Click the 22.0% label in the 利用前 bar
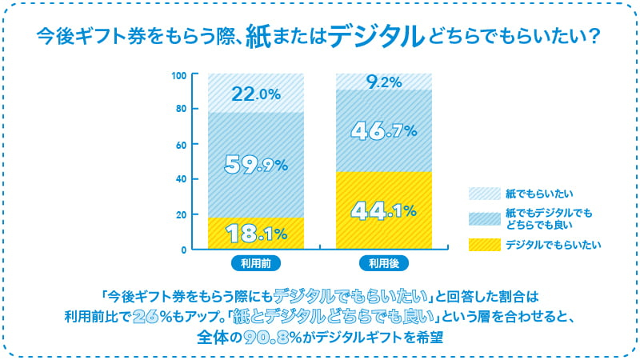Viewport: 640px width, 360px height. coord(255,94)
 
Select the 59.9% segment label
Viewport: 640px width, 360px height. coord(255,163)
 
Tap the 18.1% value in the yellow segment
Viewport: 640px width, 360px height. coord(255,234)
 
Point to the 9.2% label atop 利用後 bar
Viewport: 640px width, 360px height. coord(383,81)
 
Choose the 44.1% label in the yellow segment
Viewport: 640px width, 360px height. coord(383,211)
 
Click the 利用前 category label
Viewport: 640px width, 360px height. coord(255,262)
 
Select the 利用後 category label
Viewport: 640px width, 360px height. coord(383,262)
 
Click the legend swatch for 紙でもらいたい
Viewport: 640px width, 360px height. coord(482,193)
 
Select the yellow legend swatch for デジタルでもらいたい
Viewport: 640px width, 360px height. coord(482,244)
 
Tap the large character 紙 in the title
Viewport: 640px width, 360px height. coord(263,36)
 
